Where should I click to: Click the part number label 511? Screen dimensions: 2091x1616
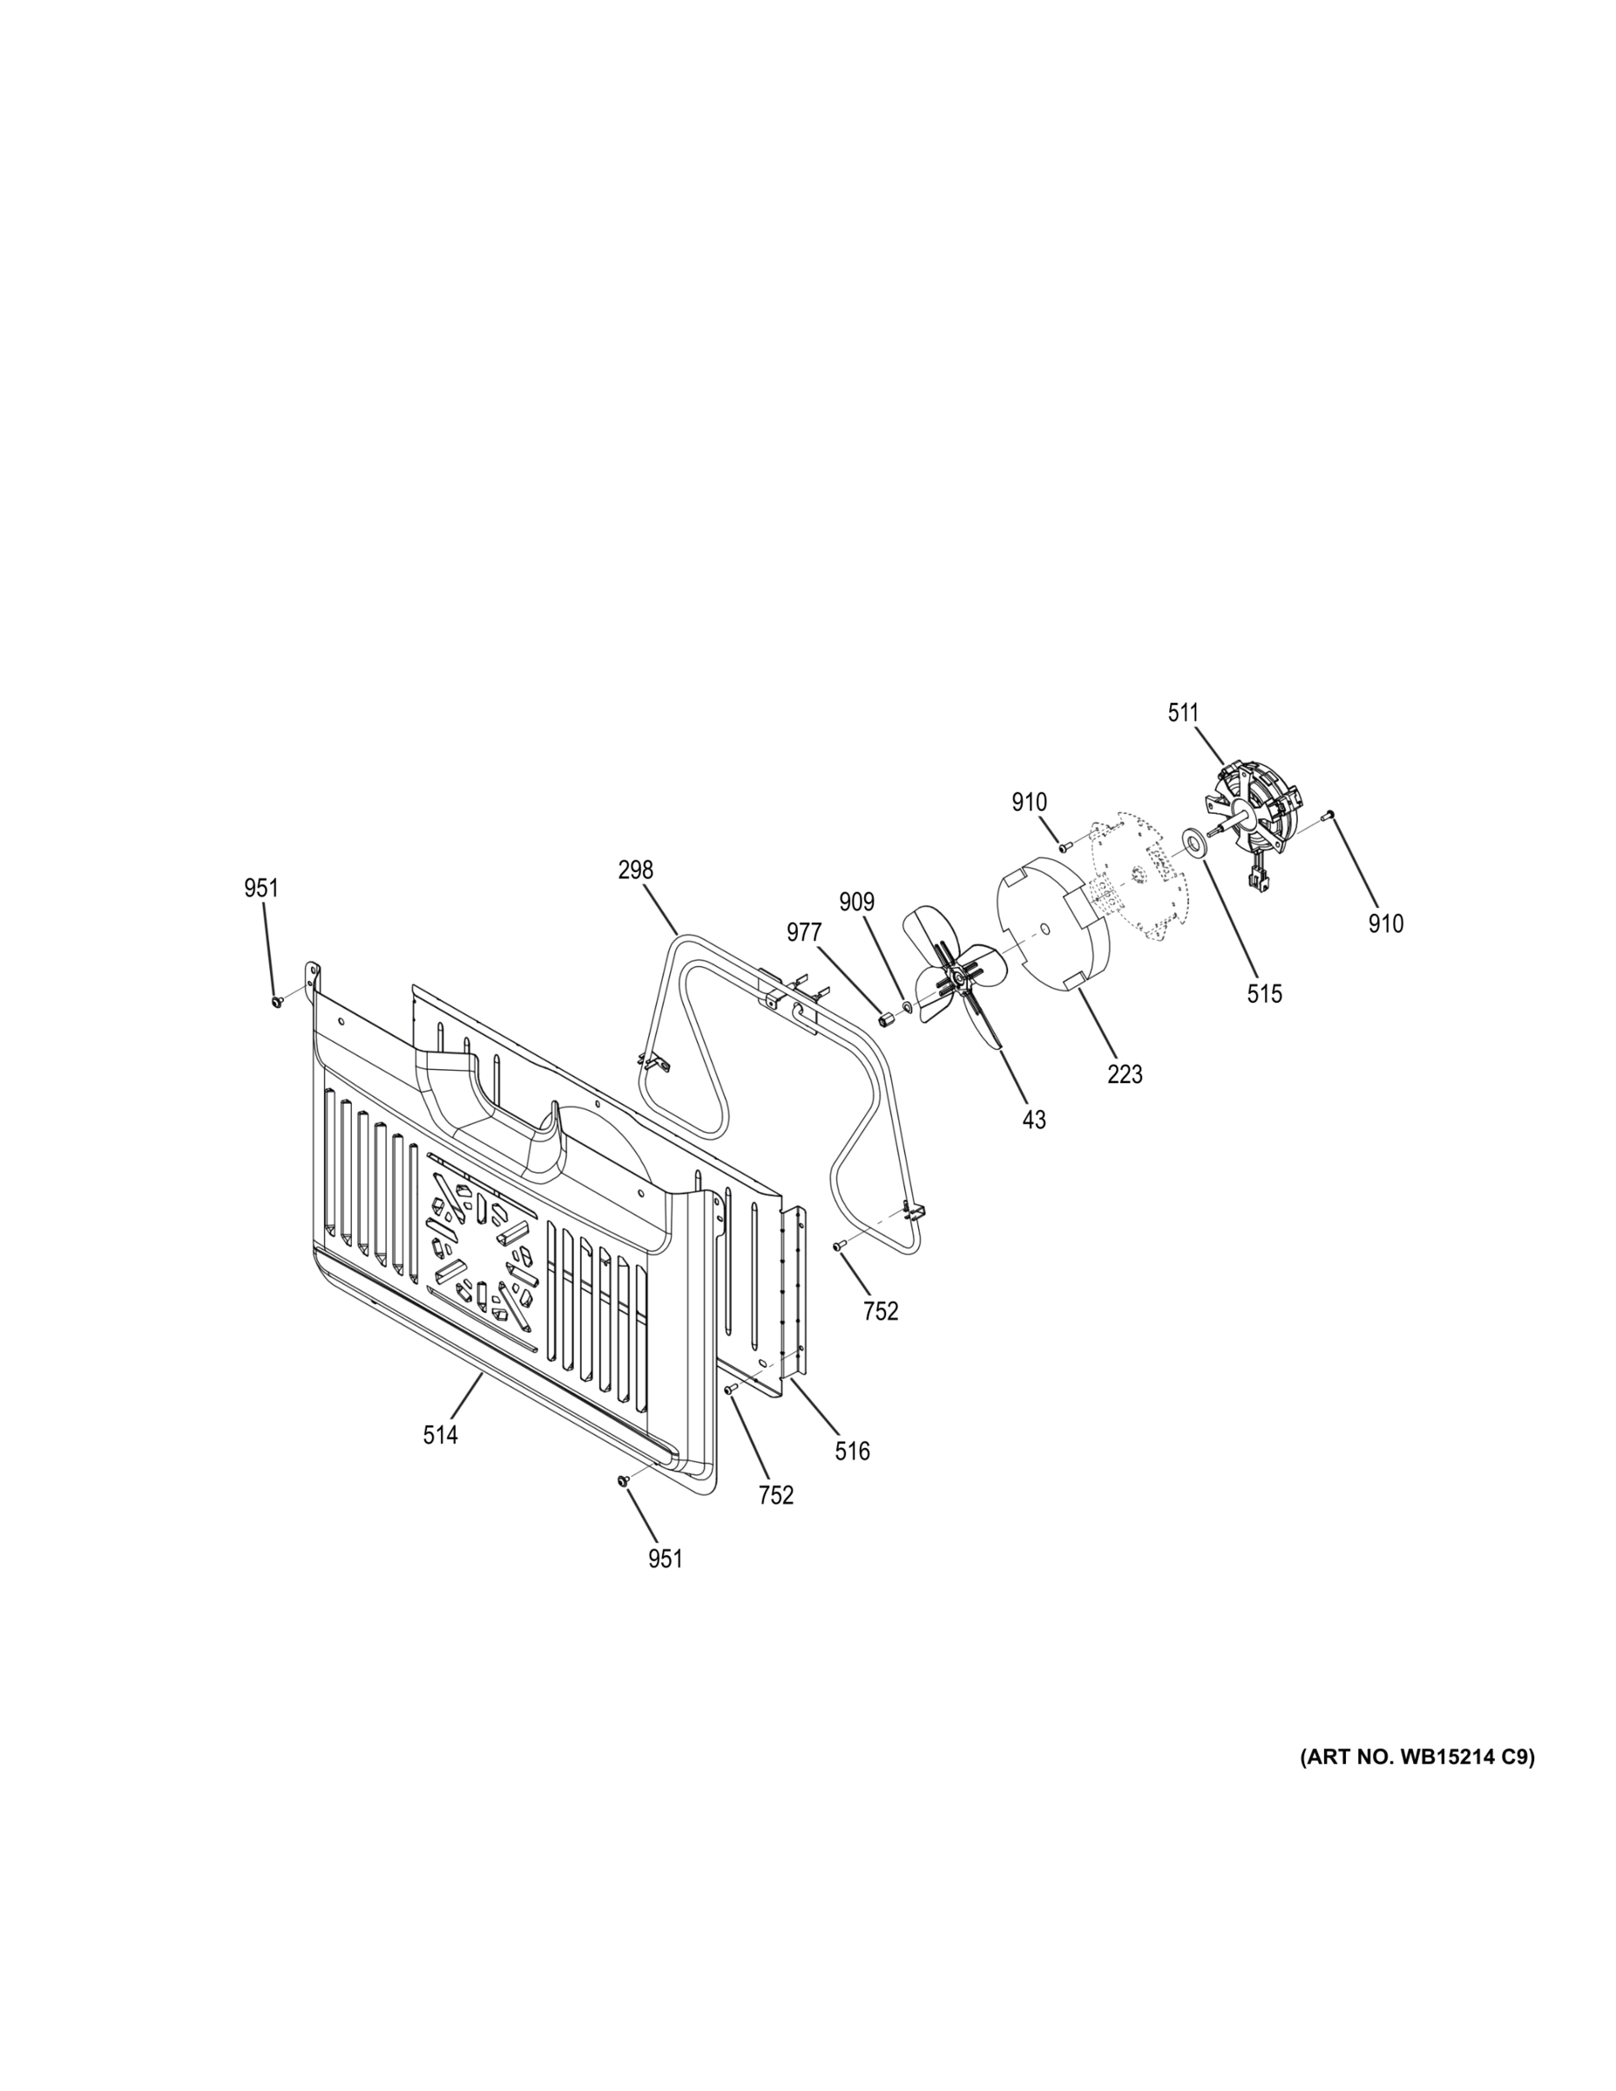pyautogui.click(x=1182, y=713)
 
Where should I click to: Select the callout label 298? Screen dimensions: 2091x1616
pyautogui.click(x=635, y=870)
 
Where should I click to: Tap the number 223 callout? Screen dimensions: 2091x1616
pyautogui.click(x=1125, y=1074)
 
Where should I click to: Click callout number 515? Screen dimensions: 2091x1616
pyautogui.click(x=1264, y=994)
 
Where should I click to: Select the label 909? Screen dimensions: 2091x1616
pyautogui.click(x=857, y=902)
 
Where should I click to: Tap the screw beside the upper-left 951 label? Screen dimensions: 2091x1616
pyautogui.click(x=277, y=1000)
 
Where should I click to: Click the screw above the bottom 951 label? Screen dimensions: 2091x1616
pyautogui.click(x=623, y=1508)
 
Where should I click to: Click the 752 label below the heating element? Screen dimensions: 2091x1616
pyautogui.click(x=881, y=1310)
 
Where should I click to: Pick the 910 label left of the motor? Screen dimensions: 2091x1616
pyautogui.click(x=1029, y=802)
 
